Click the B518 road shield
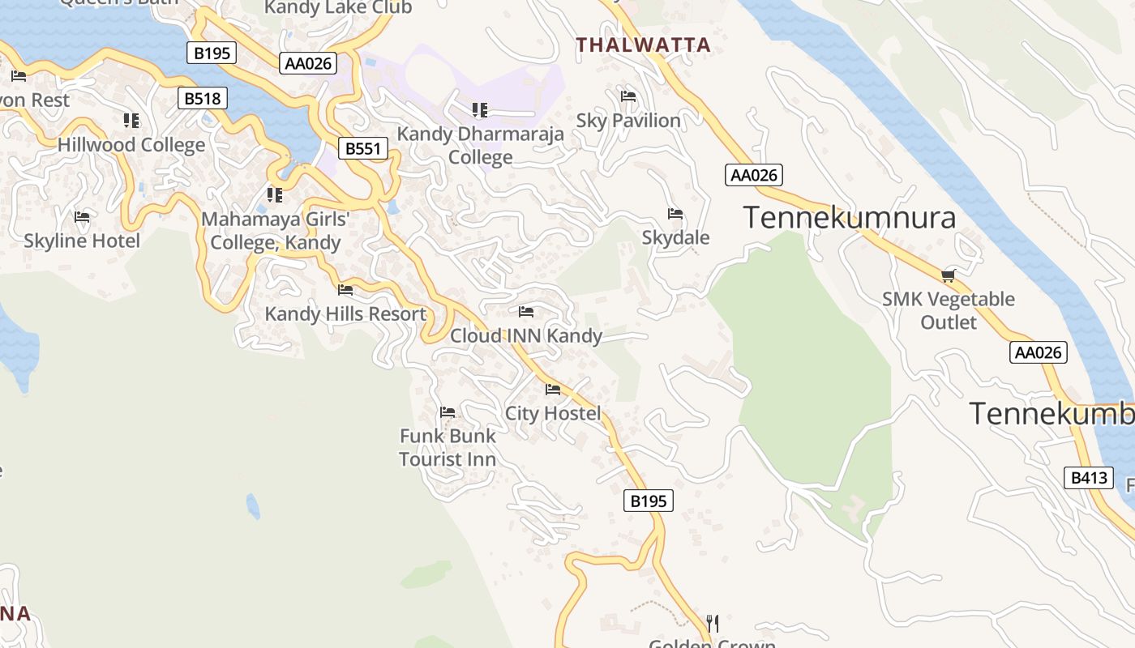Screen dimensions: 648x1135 point(203,99)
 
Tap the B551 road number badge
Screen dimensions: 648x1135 point(362,148)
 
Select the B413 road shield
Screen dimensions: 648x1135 point(1088,478)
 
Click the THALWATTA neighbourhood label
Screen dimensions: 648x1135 point(643,45)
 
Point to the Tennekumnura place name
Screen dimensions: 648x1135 point(849,218)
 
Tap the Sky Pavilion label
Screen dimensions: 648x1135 point(628,121)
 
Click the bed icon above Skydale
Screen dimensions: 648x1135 point(675,214)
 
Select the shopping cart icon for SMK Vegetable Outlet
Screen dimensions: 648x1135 point(948,275)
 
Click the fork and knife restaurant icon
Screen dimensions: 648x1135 point(713,623)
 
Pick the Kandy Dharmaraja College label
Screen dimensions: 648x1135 point(480,146)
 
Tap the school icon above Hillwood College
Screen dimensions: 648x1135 point(131,121)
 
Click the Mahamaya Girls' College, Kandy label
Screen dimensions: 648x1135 point(276,231)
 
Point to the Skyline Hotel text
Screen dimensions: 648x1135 point(82,241)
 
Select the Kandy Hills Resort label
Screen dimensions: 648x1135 point(345,314)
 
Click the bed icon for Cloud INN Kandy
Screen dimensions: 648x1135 point(526,312)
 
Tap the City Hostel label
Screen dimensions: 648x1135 point(553,414)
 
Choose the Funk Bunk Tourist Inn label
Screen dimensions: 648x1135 point(448,447)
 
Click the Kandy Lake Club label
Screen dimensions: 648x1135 point(338,8)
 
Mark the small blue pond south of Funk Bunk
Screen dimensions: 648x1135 point(253,506)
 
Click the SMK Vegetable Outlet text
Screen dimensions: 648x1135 point(948,310)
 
